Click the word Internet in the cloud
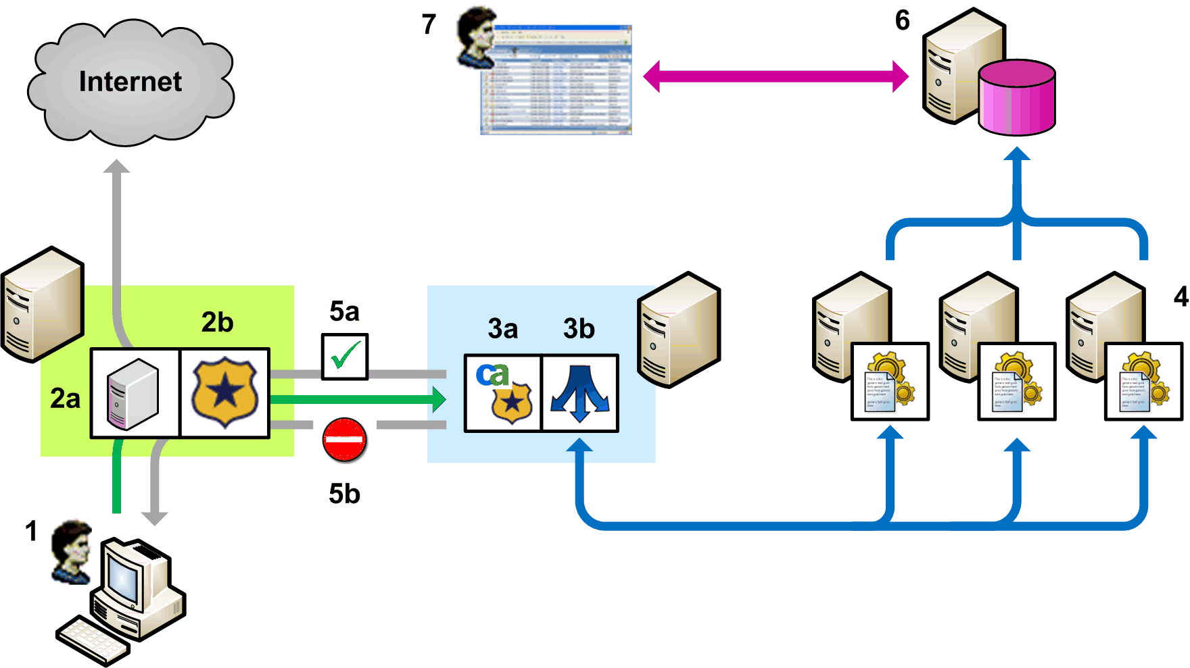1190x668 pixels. [x=130, y=82]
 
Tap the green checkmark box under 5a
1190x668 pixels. [x=345, y=356]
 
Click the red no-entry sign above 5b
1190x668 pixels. [x=345, y=440]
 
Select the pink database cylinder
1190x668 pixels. [x=1017, y=97]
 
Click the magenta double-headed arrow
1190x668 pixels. [x=776, y=76]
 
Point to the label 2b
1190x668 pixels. [x=217, y=323]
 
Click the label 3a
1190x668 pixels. [x=503, y=329]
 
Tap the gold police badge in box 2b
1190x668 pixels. [x=225, y=393]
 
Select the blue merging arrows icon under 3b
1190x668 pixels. [x=579, y=393]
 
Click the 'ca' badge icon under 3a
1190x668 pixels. [x=503, y=392]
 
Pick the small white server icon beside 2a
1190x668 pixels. [x=134, y=394]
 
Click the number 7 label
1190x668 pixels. [x=429, y=24]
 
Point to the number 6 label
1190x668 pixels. [x=902, y=21]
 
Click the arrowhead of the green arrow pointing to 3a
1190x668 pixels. [x=439, y=399]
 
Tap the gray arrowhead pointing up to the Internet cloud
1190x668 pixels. [x=117, y=167]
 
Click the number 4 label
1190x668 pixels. [x=1181, y=297]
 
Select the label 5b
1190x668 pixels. [x=344, y=494]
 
